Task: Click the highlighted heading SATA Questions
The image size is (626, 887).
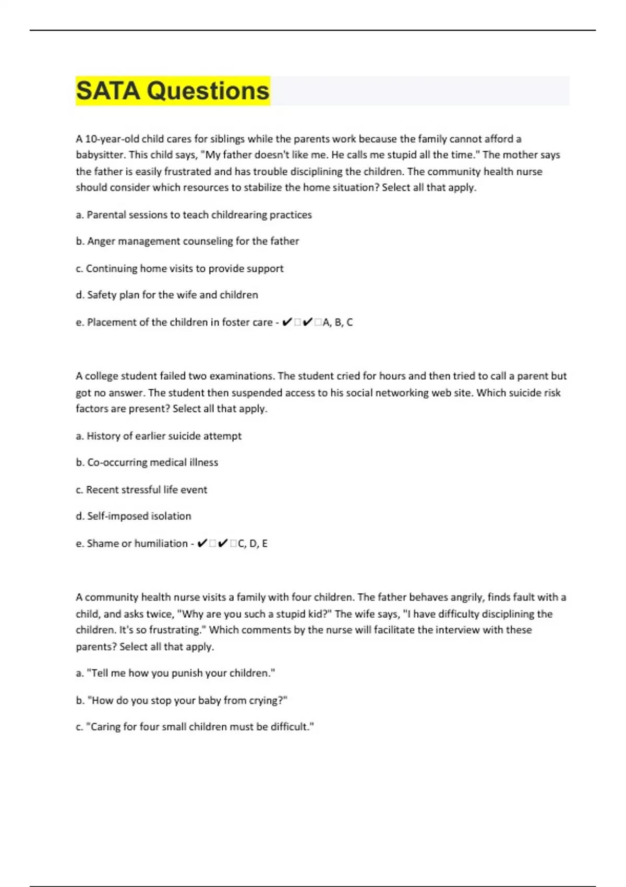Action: pyautogui.click(x=173, y=91)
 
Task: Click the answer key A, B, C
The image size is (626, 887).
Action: pyautogui.click(x=338, y=322)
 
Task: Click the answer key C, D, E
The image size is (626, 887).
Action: pyautogui.click(x=252, y=544)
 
